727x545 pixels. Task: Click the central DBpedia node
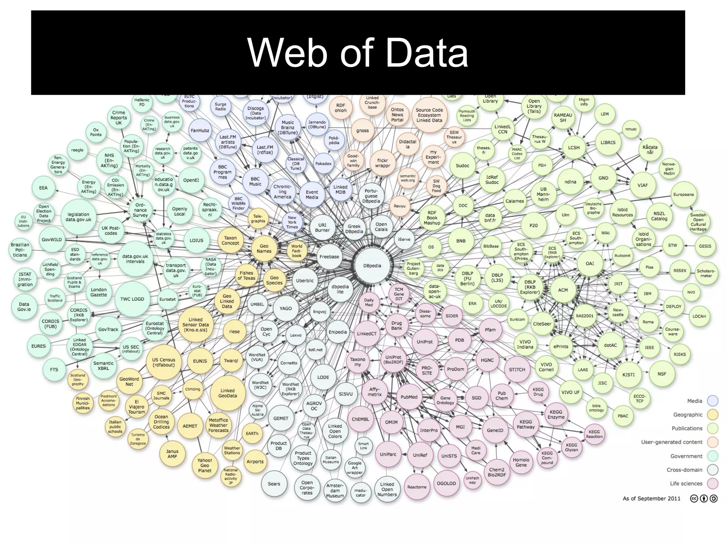click(x=372, y=266)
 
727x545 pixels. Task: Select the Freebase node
click(x=329, y=257)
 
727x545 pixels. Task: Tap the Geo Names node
click(x=264, y=249)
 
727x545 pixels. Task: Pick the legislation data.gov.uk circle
click(x=78, y=217)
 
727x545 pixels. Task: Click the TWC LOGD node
click(x=132, y=299)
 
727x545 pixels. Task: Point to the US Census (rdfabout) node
click(x=163, y=362)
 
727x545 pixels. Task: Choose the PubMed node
click(x=409, y=397)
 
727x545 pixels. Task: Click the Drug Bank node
click(x=397, y=326)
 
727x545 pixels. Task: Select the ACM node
click(x=563, y=290)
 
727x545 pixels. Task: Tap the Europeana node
click(x=683, y=195)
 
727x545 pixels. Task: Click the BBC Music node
click(x=255, y=181)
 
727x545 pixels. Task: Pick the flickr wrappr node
click(x=382, y=163)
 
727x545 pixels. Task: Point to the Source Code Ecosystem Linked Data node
click(x=429, y=115)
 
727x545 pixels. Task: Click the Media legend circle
click(x=712, y=401)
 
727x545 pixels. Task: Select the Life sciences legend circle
click(x=712, y=483)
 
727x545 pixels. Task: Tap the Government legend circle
click(x=712, y=456)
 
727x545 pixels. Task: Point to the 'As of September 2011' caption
click(x=651, y=498)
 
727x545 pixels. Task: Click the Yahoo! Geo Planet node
click(x=204, y=465)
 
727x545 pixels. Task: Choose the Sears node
click(x=274, y=484)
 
